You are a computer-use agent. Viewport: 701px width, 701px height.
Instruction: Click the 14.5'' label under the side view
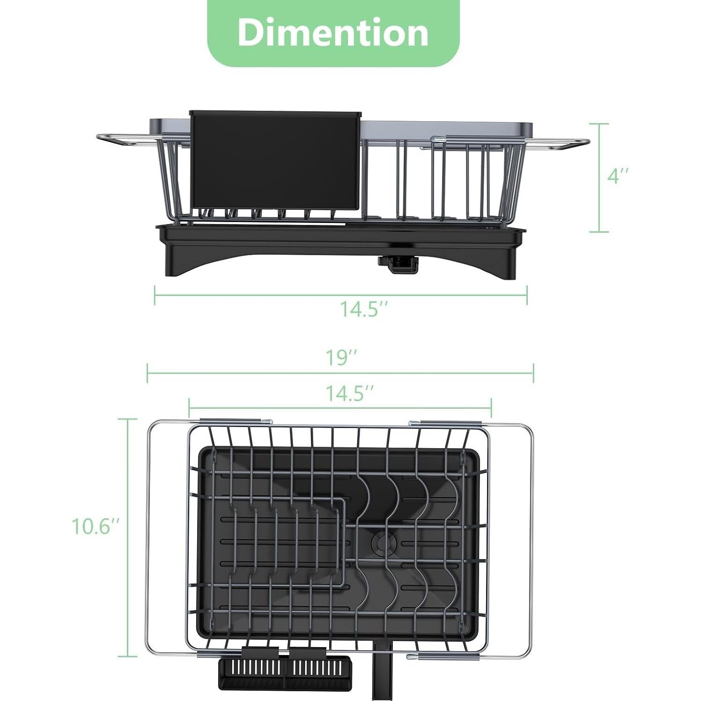(364, 309)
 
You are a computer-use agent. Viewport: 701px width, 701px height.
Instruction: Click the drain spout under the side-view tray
(398, 265)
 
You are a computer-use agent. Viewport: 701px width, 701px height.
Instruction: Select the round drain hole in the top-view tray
(380, 542)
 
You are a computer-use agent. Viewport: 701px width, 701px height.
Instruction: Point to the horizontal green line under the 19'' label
(340, 374)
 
